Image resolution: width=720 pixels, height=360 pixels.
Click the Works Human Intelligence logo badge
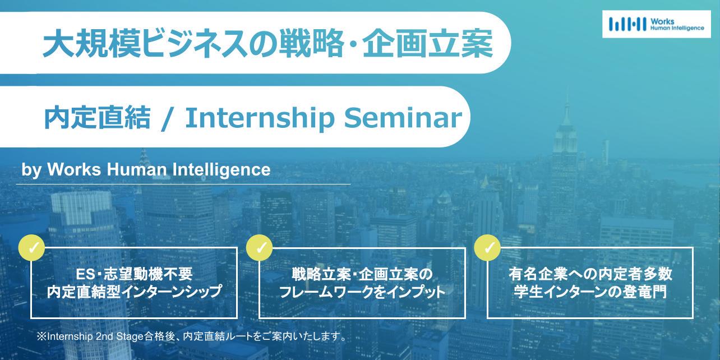pos(657,24)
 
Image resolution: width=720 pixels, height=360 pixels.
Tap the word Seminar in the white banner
pos(403,117)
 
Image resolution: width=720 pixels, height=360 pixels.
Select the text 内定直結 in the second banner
pos(98,117)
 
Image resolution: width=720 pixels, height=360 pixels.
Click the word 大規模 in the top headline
pos(92,43)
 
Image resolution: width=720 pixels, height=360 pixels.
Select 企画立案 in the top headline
pos(427,43)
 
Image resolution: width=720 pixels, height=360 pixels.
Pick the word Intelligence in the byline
pos(221,170)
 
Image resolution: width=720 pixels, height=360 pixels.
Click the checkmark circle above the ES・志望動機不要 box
pos(31,247)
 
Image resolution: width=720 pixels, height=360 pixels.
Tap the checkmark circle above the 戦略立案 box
pos(259,247)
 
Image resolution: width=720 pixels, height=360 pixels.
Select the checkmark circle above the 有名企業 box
pos(487,247)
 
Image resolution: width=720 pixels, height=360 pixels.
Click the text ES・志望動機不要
pos(134,274)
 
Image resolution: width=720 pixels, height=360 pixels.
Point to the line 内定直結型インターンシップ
pos(135,292)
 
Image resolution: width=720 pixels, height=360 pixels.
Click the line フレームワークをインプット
pos(362,292)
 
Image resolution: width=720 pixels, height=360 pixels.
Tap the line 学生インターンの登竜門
pos(590,292)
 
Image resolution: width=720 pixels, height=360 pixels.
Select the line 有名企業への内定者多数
pos(590,274)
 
